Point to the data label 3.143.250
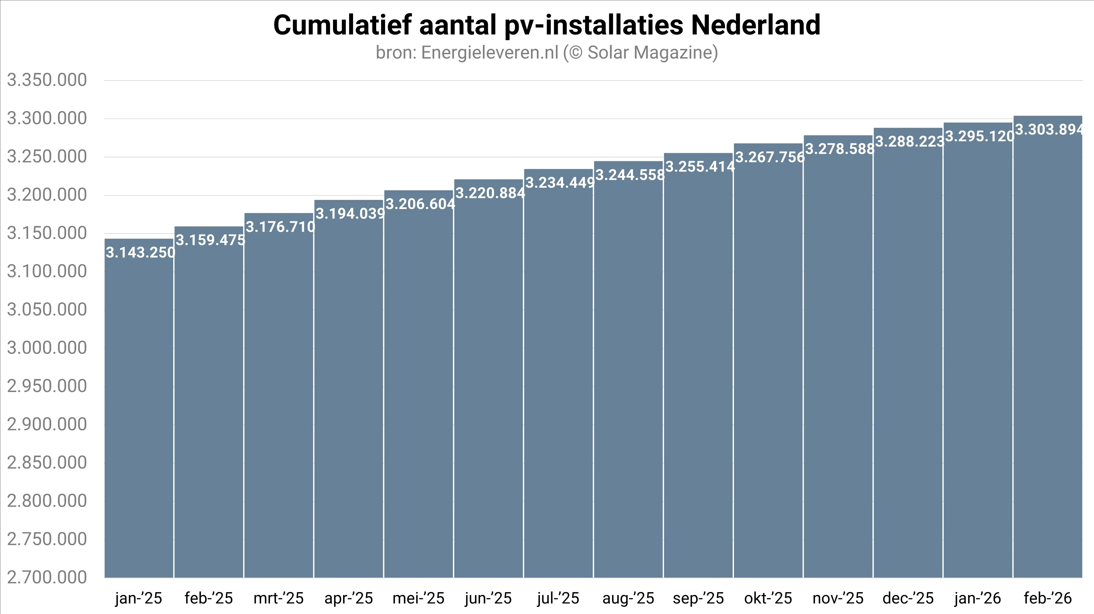coord(140,253)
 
